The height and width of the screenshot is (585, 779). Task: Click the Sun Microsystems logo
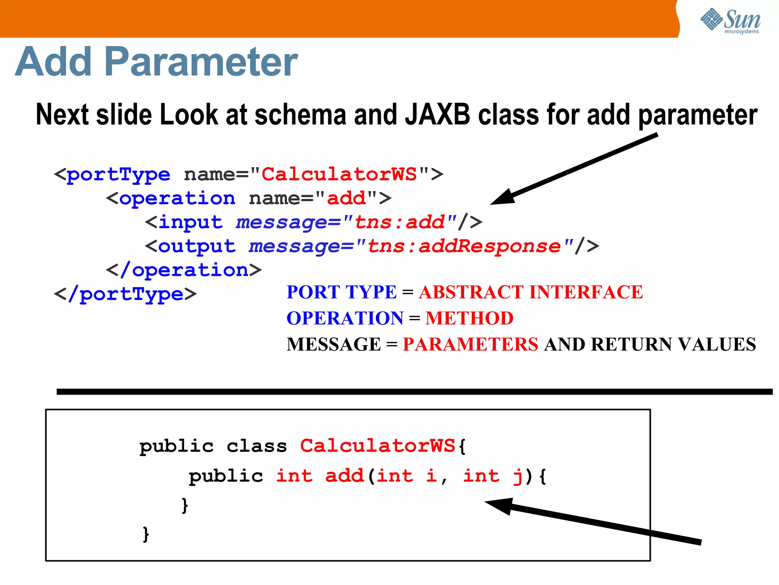pyautogui.click(x=730, y=21)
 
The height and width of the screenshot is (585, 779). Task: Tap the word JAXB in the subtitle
pyautogui.click(x=437, y=114)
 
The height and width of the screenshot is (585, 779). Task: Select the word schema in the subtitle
pyautogui.click(x=300, y=114)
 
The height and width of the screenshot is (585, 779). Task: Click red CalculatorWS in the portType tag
pyautogui.click(x=339, y=174)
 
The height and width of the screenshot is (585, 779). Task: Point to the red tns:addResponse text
pyautogui.click(x=464, y=246)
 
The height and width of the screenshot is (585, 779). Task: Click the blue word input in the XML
pyautogui.click(x=190, y=222)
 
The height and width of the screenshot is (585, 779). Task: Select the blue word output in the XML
pyautogui.click(x=197, y=246)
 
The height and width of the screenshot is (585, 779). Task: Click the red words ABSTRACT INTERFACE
pyautogui.click(x=531, y=292)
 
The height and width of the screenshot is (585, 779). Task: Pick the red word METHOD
pyautogui.click(x=469, y=318)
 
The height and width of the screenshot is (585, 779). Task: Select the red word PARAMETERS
pyautogui.click(x=471, y=344)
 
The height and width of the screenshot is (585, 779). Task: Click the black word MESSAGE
pyautogui.click(x=334, y=344)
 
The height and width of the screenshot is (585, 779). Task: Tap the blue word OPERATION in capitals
pyautogui.click(x=345, y=318)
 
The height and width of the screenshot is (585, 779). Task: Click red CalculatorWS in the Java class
pyautogui.click(x=377, y=446)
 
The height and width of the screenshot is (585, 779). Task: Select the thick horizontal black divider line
pyautogui.click(x=415, y=392)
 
